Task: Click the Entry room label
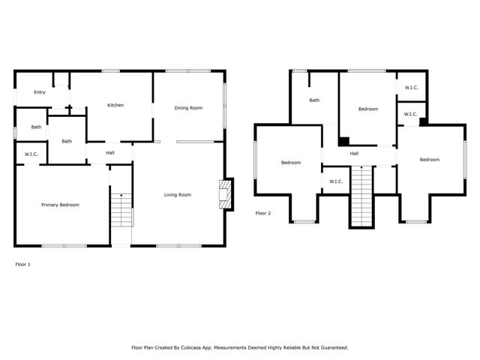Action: pyautogui.click(x=39, y=92)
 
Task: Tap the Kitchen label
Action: pyautogui.click(x=115, y=105)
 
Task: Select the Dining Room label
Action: pyautogui.click(x=188, y=108)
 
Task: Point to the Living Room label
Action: pyautogui.click(x=178, y=195)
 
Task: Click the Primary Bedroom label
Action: pyautogui.click(x=60, y=205)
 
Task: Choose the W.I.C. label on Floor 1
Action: pyautogui.click(x=31, y=154)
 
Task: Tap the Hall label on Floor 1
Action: pyautogui.click(x=110, y=153)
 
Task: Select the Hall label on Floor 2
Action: pyautogui.click(x=354, y=154)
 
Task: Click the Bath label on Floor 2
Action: pyautogui.click(x=314, y=100)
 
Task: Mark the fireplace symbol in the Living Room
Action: pyautogui.click(x=224, y=193)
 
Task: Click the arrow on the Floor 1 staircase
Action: pyautogui.click(x=121, y=195)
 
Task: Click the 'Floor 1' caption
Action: pyautogui.click(x=23, y=264)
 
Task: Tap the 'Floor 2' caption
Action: pyautogui.click(x=262, y=213)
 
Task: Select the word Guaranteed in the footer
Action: pyautogui.click(x=331, y=347)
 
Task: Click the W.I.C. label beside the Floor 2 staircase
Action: pyautogui.click(x=335, y=181)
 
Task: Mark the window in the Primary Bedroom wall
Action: pyautogui.click(x=64, y=246)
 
